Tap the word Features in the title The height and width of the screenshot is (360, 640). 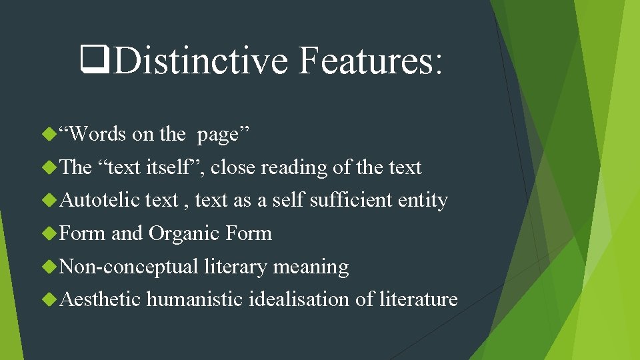pos(369,61)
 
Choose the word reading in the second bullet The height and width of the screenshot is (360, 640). pos(293,167)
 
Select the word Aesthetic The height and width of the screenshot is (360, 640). pos(100,299)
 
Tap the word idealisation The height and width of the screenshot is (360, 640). pos(299,299)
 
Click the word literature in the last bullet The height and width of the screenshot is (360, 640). pos(418,299)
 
